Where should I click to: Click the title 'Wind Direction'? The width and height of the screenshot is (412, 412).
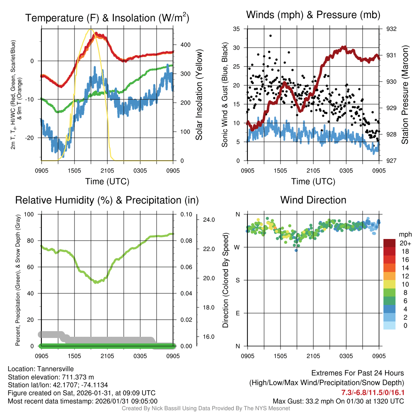pos(313,200)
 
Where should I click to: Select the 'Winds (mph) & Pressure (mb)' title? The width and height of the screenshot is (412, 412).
pos(313,15)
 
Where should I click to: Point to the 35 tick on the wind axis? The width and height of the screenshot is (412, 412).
pos(237,29)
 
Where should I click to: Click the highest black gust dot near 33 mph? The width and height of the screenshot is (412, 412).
pos(270,36)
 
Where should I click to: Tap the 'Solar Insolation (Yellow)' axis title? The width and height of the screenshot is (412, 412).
pos(199,95)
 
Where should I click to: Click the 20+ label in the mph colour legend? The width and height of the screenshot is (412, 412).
pos(405,243)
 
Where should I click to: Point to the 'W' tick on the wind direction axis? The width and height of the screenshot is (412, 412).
pos(237,247)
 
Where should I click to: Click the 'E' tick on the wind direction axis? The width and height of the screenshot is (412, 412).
pos(238,313)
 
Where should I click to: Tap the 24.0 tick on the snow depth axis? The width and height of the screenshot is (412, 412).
pos(209,220)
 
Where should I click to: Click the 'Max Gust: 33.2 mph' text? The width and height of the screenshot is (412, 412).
pos(306,401)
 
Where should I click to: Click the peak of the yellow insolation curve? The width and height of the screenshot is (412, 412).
pos(91,29)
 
